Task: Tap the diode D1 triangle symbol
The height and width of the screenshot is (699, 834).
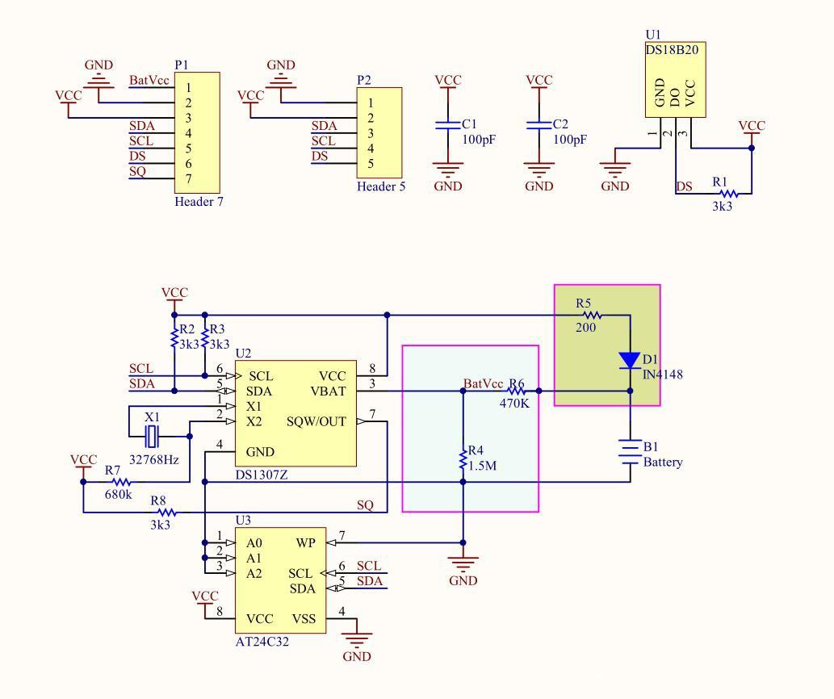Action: (x=630, y=361)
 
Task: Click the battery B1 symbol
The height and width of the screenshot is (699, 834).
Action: (x=630, y=450)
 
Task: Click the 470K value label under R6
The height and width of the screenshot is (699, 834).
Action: (x=513, y=404)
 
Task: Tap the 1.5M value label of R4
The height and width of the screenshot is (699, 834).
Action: (x=481, y=466)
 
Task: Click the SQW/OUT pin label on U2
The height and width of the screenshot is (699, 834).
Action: (x=316, y=421)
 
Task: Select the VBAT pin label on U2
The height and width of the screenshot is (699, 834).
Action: (x=328, y=391)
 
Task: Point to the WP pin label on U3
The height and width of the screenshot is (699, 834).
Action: (x=306, y=543)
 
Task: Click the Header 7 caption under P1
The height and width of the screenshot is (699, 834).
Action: (x=199, y=202)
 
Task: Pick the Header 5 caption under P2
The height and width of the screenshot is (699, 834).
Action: (x=381, y=186)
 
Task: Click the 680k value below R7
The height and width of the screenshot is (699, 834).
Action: (x=118, y=494)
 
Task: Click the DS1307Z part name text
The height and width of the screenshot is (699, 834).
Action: (x=262, y=475)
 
